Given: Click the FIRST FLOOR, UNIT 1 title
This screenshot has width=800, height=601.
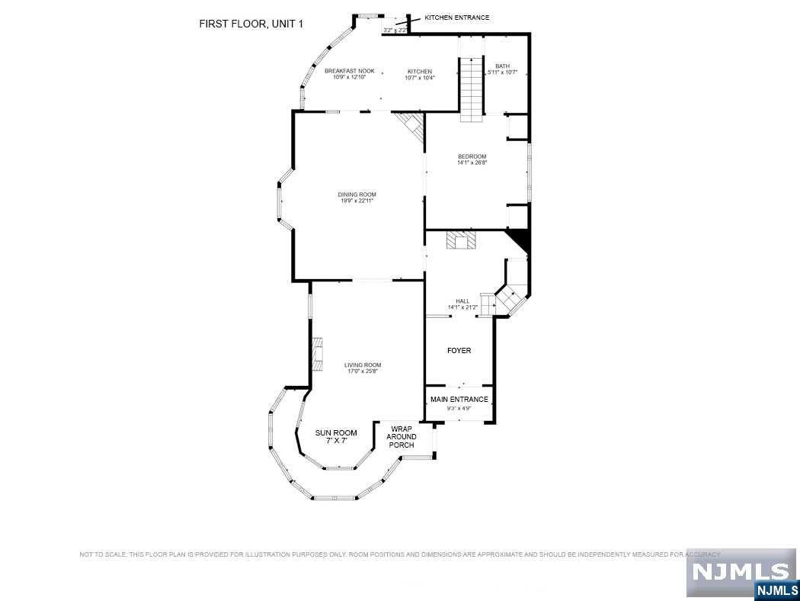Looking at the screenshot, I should [251, 24].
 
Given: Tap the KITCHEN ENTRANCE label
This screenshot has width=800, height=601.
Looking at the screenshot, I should [456, 18].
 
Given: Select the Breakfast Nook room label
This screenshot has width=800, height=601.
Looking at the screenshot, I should [350, 71].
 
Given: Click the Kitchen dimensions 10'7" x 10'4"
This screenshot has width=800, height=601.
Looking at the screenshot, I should [420, 78].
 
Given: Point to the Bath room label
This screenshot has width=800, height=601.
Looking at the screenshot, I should [502, 66].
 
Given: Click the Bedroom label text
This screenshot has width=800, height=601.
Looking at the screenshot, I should [472, 156].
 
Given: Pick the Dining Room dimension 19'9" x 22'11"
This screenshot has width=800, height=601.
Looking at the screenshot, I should [357, 201].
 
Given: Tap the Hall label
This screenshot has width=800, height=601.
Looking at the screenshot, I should [462, 301].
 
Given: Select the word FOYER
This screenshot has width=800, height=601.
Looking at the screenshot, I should [459, 351].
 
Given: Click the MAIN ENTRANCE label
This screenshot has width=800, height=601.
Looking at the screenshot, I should [459, 399].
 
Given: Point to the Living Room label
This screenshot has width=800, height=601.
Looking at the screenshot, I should [363, 365].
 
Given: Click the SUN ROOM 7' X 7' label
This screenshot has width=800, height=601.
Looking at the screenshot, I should [336, 437].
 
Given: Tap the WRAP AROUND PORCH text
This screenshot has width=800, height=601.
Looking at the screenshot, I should [402, 437].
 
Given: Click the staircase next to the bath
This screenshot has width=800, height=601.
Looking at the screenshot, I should [471, 88].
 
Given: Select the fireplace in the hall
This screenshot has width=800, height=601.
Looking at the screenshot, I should [462, 241].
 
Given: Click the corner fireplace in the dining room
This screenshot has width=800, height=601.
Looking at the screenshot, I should [414, 125].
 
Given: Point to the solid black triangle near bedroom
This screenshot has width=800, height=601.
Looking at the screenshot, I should [521, 239].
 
